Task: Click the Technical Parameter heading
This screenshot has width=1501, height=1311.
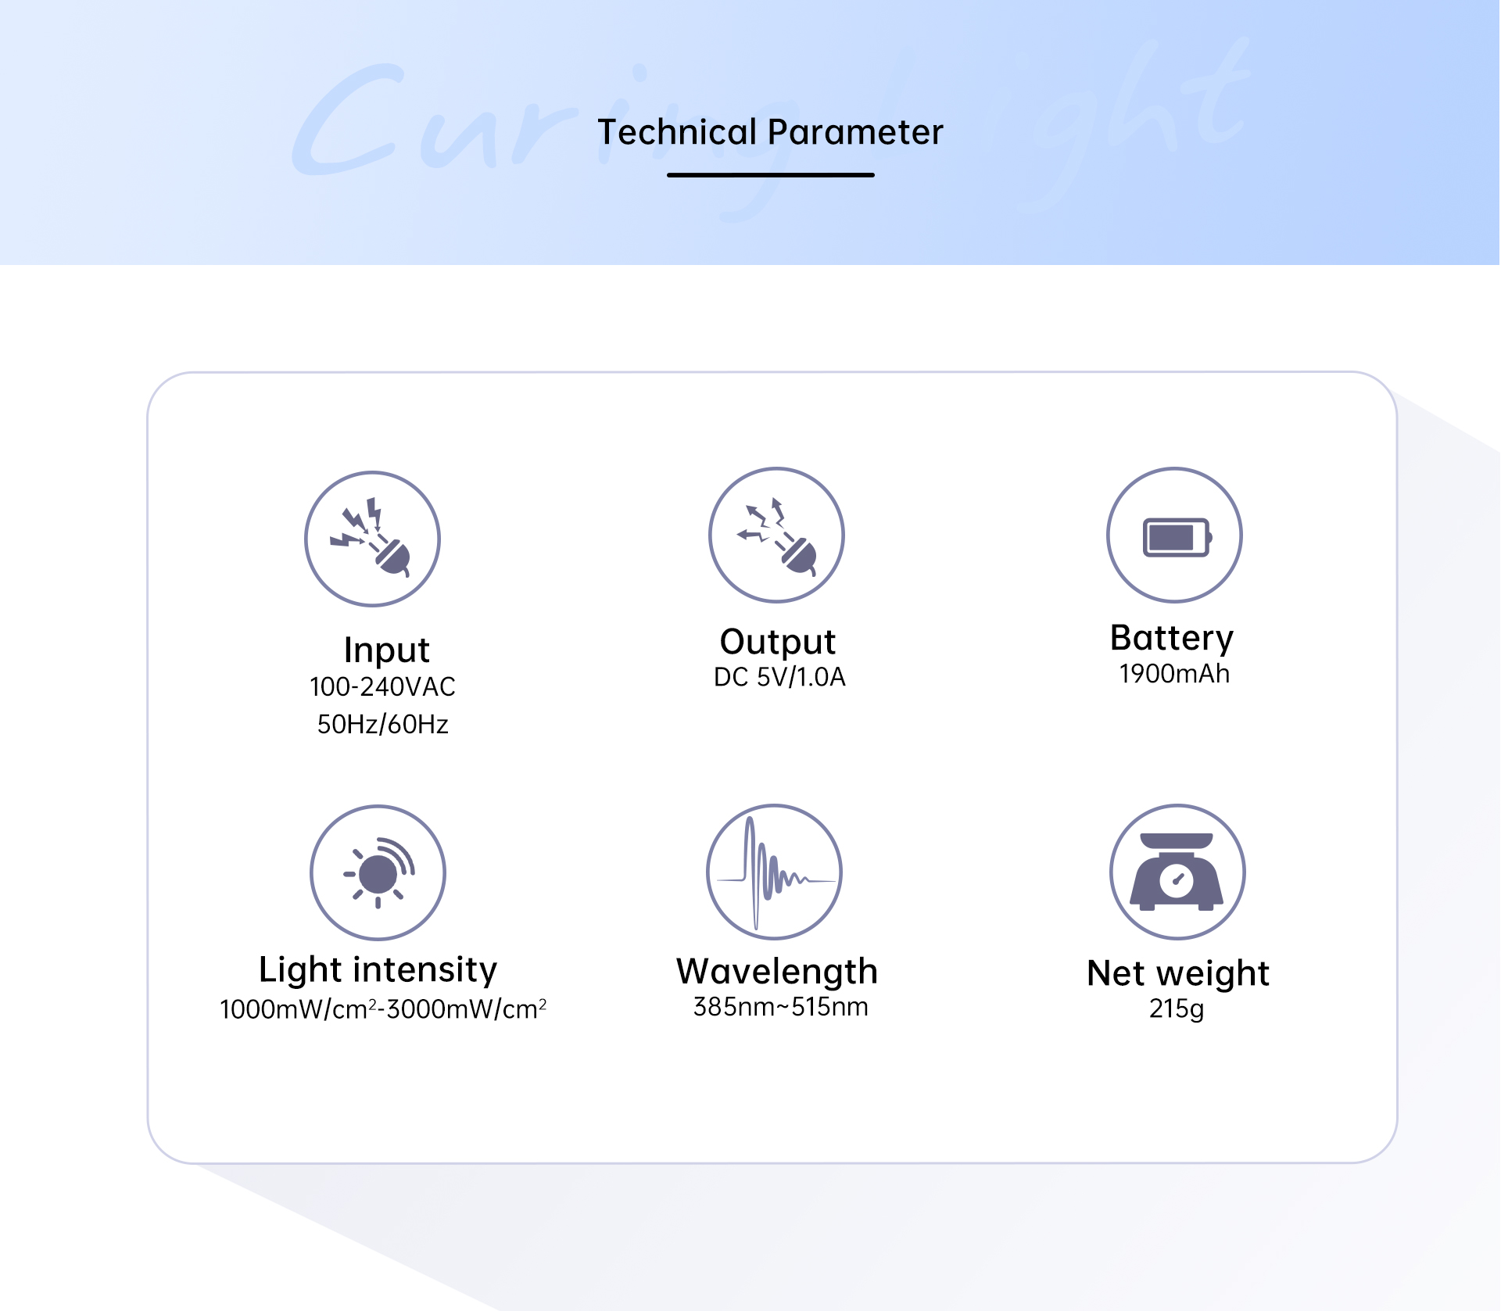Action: (x=770, y=132)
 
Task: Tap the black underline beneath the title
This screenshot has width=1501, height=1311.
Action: (x=770, y=175)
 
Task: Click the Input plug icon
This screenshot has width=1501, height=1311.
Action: (x=372, y=539)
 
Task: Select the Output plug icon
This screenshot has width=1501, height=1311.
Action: (x=776, y=536)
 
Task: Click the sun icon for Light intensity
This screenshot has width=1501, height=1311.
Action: (x=378, y=872)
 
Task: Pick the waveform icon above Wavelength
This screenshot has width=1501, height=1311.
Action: (x=774, y=872)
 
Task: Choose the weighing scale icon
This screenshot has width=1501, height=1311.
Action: (x=1177, y=872)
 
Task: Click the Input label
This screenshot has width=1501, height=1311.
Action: (x=386, y=650)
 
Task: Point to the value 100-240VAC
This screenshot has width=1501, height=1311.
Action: (x=382, y=687)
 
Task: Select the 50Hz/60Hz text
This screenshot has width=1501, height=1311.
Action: (x=382, y=725)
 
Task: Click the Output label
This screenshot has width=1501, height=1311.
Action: (x=778, y=642)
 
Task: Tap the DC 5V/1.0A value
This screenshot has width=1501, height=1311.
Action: (x=779, y=677)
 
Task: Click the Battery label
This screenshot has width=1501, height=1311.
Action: (x=1172, y=639)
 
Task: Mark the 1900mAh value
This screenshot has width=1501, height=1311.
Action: (x=1174, y=674)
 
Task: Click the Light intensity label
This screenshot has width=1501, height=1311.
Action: (x=378, y=970)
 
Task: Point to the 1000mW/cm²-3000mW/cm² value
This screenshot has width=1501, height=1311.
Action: (x=383, y=1009)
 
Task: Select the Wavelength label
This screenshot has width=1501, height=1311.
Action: (x=777, y=972)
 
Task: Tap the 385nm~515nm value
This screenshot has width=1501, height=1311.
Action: (x=780, y=1007)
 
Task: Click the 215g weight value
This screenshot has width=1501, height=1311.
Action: (x=1177, y=1009)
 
